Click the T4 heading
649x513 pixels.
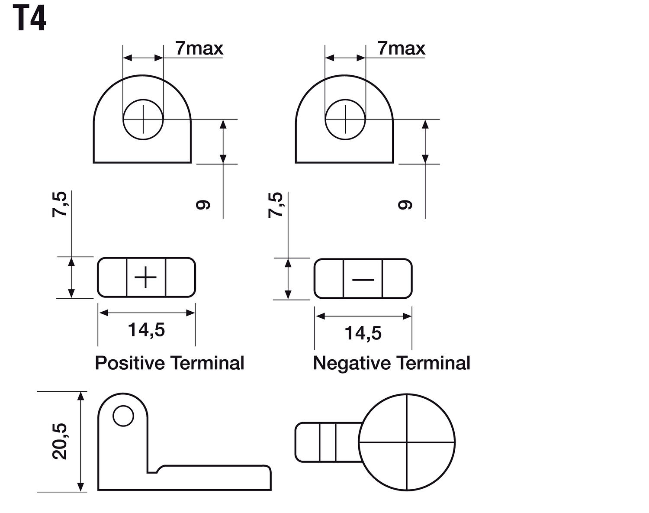pos(29,19)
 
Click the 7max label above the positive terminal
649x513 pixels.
pos(199,48)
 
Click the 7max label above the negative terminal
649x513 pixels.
pos(402,48)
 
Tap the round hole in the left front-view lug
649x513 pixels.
pos(143,119)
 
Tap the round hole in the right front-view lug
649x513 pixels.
pos(345,119)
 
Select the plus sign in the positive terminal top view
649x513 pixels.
pos(146,277)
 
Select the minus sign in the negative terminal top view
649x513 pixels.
pos(363,280)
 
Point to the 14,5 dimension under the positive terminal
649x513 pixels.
pos(146,329)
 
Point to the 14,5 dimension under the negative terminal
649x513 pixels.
pos(363,333)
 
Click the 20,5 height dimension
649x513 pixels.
pos(59,441)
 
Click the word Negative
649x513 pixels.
pos(351,363)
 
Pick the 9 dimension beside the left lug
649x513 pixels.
pos(202,205)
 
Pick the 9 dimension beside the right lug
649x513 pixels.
pos(405,205)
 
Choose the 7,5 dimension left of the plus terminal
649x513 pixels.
pos(59,204)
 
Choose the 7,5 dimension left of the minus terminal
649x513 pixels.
pos(275,205)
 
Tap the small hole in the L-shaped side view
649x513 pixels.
pos(123,416)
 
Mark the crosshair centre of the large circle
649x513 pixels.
pos(407,442)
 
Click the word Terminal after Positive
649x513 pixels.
pos(207,363)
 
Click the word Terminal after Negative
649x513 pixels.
pos(433,363)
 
